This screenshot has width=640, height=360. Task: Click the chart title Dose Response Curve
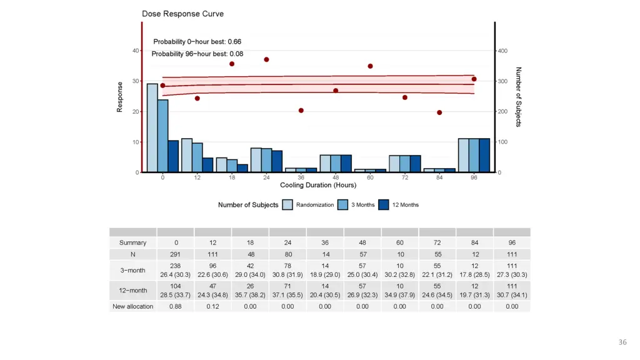click(183, 14)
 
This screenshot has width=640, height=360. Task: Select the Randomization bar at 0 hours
click(152, 128)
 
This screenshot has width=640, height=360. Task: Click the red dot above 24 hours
click(266, 59)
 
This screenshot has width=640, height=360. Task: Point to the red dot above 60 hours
click(370, 66)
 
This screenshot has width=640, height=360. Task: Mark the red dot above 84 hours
click(439, 112)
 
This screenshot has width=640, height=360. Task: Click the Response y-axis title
click(119, 97)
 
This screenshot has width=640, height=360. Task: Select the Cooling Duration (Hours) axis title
click(318, 185)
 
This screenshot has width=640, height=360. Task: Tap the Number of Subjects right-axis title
click(519, 97)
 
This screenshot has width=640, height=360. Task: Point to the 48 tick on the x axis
click(336, 177)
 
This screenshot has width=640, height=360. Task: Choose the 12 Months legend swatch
click(384, 204)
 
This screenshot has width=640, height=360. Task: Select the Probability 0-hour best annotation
click(197, 42)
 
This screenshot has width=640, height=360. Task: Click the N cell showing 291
click(176, 254)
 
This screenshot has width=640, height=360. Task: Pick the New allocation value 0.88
click(176, 306)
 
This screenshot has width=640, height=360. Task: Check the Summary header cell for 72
click(437, 242)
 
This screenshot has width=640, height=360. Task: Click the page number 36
click(622, 342)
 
